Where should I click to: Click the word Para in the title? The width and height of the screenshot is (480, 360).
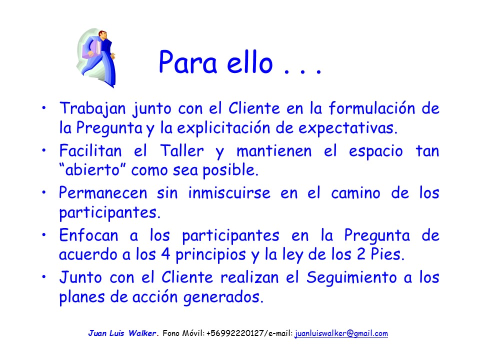(x=188, y=62)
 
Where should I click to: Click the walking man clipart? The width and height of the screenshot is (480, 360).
(x=96, y=58)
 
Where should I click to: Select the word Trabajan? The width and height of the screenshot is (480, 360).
(x=93, y=108)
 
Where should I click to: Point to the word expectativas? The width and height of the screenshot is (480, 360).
(x=348, y=128)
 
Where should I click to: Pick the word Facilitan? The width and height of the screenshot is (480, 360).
(x=90, y=150)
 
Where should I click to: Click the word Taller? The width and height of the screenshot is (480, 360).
(x=182, y=150)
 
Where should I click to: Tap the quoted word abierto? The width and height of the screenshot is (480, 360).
(x=92, y=169)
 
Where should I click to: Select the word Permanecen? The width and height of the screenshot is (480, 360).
(x=103, y=193)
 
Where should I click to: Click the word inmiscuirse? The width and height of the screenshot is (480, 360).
(x=229, y=193)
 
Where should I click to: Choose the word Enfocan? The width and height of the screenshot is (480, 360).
(x=89, y=235)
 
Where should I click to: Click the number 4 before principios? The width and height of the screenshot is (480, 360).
(x=165, y=254)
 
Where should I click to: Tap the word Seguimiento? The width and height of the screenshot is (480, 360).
(x=351, y=278)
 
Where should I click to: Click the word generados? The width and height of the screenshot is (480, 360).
(x=223, y=297)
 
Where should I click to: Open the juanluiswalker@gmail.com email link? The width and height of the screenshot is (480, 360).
(x=341, y=333)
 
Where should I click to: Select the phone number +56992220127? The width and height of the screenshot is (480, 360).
(x=235, y=333)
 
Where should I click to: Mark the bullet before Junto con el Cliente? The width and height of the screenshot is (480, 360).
(x=44, y=277)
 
